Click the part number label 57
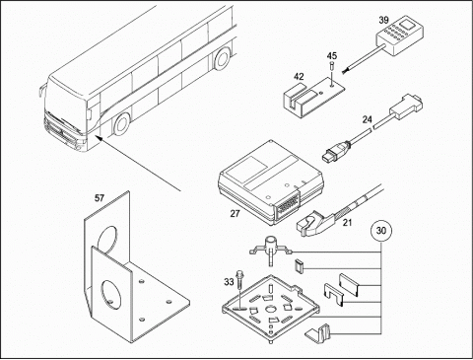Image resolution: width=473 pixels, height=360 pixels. tap(100, 198)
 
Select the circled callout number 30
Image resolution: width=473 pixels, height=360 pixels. tap(381, 231)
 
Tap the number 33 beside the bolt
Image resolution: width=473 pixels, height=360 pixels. tap(229, 282)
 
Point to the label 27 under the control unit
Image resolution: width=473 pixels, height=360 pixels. tap(235, 214)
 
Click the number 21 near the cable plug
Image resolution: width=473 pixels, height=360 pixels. tap(347, 223)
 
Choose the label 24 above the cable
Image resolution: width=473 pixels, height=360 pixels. tap(368, 119)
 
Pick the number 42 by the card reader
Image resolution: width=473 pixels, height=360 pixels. tap(299, 77)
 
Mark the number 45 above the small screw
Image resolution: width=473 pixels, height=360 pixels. tap(332, 55)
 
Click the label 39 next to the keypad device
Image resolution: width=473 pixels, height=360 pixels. tap(383, 20)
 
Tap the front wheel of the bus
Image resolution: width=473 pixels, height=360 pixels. tap(121, 124)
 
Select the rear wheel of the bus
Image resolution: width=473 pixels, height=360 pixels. tap(222, 58)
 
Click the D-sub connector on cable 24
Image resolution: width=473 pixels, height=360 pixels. tap(406, 107)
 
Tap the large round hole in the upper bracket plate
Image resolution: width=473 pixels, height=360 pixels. tap(107, 239)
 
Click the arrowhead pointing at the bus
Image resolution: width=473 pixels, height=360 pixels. tap(99, 137)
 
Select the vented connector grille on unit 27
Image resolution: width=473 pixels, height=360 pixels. tap(288, 206)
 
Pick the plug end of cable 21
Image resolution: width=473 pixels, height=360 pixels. tap(307, 226)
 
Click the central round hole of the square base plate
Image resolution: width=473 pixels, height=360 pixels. tap(271, 309)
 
